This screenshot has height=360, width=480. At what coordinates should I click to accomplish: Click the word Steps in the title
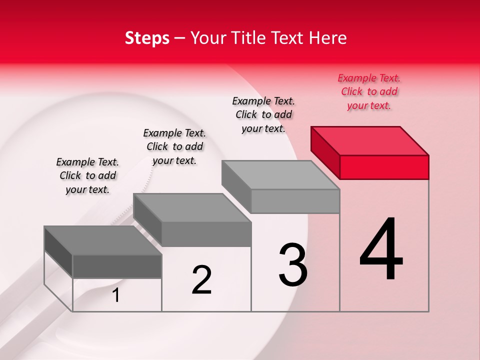click(x=147, y=38)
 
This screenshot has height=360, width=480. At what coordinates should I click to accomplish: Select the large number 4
click(x=381, y=249)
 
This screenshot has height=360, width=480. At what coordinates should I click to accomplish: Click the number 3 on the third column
click(x=293, y=265)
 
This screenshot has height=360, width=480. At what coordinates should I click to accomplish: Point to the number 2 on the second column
click(x=201, y=280)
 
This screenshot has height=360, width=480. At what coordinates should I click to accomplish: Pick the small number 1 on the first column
click(x=116, y=295)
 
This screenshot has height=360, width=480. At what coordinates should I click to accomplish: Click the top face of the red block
click(x=370, y=140)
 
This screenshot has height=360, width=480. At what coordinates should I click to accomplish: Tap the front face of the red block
click(x=384, y=167)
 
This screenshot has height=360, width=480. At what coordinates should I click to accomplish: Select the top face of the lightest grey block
click(x=280, y=175)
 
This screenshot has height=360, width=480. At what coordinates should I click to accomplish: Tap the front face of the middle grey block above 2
click(x=206, y=234)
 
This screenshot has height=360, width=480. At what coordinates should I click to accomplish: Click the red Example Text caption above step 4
click(x=369, y=92)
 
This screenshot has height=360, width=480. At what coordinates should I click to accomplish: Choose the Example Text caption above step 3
click(x=263, y=114)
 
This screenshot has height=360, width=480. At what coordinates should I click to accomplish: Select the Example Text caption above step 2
click(x=174, y=146)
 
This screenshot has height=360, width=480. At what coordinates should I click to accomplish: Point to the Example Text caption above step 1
click(x=87, y=175)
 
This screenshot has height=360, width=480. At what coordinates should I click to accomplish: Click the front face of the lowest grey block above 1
click(x=117, y=266)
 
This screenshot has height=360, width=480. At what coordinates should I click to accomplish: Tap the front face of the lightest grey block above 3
click(x=295, y=201)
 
